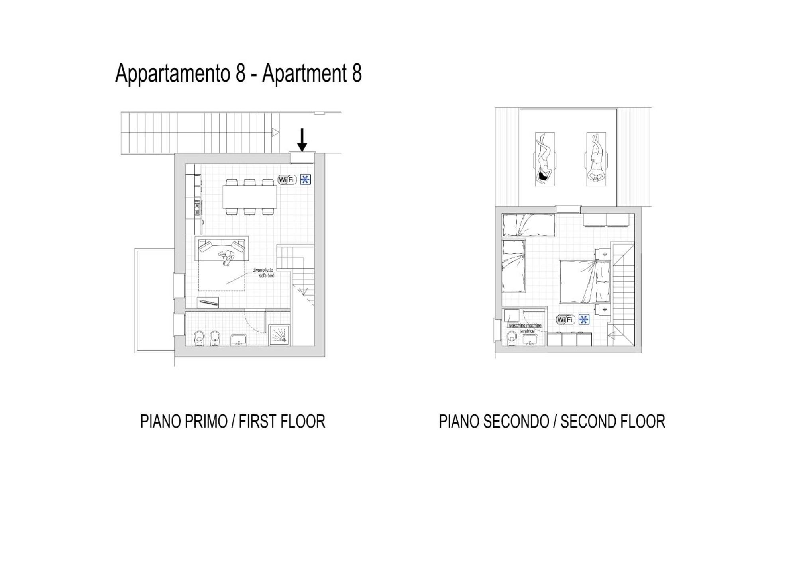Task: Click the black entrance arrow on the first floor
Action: pyautogui.click(x=302, y=140)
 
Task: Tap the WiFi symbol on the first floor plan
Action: pyautogui.click(x=287, y=180)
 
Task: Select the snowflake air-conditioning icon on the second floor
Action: pyautogui.click(x=584, y=320)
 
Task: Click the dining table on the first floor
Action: pyautogui.click(x=250, y=197)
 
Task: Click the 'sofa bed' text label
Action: pyautogui.click(x=267, y=276)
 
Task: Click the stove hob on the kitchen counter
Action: pyautogui.click(x=197, y=208)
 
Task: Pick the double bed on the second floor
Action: pyautogui.click(x=585, y=282)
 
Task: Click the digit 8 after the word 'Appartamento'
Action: pyautogui.click(x=240, y=73)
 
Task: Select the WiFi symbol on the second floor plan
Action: pyautogui.click(x=565, y=320)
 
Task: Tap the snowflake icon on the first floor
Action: pyautogui.click(x=305, y=180)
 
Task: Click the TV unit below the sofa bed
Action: pyautogui.click(x=208, y=303)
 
